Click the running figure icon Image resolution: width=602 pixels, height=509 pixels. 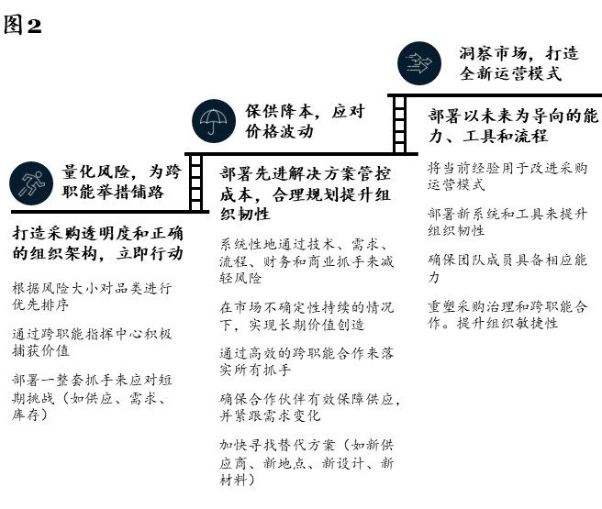click(31, 183)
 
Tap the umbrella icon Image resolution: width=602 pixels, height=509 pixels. click(214, 121)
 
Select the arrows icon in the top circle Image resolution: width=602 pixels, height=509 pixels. click(419, 63)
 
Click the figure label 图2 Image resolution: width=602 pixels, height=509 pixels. click(22, 26)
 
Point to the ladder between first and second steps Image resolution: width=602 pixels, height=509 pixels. click(195, 183)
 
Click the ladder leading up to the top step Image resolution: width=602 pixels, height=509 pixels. click(399, 125)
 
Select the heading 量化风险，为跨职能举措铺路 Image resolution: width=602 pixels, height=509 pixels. click(122, 182)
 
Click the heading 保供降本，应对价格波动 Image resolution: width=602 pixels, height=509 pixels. click(305, 121)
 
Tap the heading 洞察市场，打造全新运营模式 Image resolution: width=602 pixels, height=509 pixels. click(519, 63)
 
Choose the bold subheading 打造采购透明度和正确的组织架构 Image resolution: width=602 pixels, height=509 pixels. click(98, 243)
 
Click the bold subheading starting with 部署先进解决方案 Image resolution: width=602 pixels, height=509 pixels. click(306, 194)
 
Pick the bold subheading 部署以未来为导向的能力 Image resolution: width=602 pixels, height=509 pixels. click(513, 126)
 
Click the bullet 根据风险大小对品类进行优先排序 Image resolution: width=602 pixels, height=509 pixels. click(92, 296)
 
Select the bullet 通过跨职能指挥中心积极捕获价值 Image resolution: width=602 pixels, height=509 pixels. click(92, 342)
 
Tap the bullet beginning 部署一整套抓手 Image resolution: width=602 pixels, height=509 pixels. click(92, 397)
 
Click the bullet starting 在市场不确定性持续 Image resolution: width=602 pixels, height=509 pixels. click(307, 316)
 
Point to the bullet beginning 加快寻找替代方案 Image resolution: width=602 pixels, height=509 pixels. click(307, 462)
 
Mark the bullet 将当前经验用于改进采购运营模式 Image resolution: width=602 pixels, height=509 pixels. click(507, 176)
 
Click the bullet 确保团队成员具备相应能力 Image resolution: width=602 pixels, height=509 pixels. click(507, 268)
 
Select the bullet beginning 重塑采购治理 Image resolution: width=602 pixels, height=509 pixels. click(507, 315)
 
